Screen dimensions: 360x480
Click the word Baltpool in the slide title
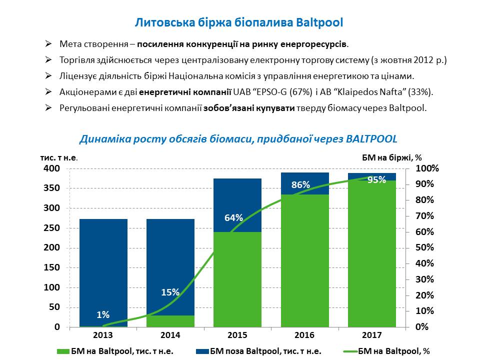click(320, 22)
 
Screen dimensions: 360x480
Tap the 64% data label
click(233, 218)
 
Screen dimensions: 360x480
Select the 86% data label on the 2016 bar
click(300, 185)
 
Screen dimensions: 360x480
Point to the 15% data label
click(170, 292)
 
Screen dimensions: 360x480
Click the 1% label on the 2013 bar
click(103, 314)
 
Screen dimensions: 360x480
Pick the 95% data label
click(376, 180)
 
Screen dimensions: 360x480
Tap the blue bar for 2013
click(103, 270)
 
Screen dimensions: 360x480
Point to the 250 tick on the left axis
click(53, 228)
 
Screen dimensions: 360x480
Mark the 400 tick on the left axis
click(53, 169)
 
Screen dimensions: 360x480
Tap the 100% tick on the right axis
click(428, 169)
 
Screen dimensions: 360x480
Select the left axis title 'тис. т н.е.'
click(59, 157)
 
